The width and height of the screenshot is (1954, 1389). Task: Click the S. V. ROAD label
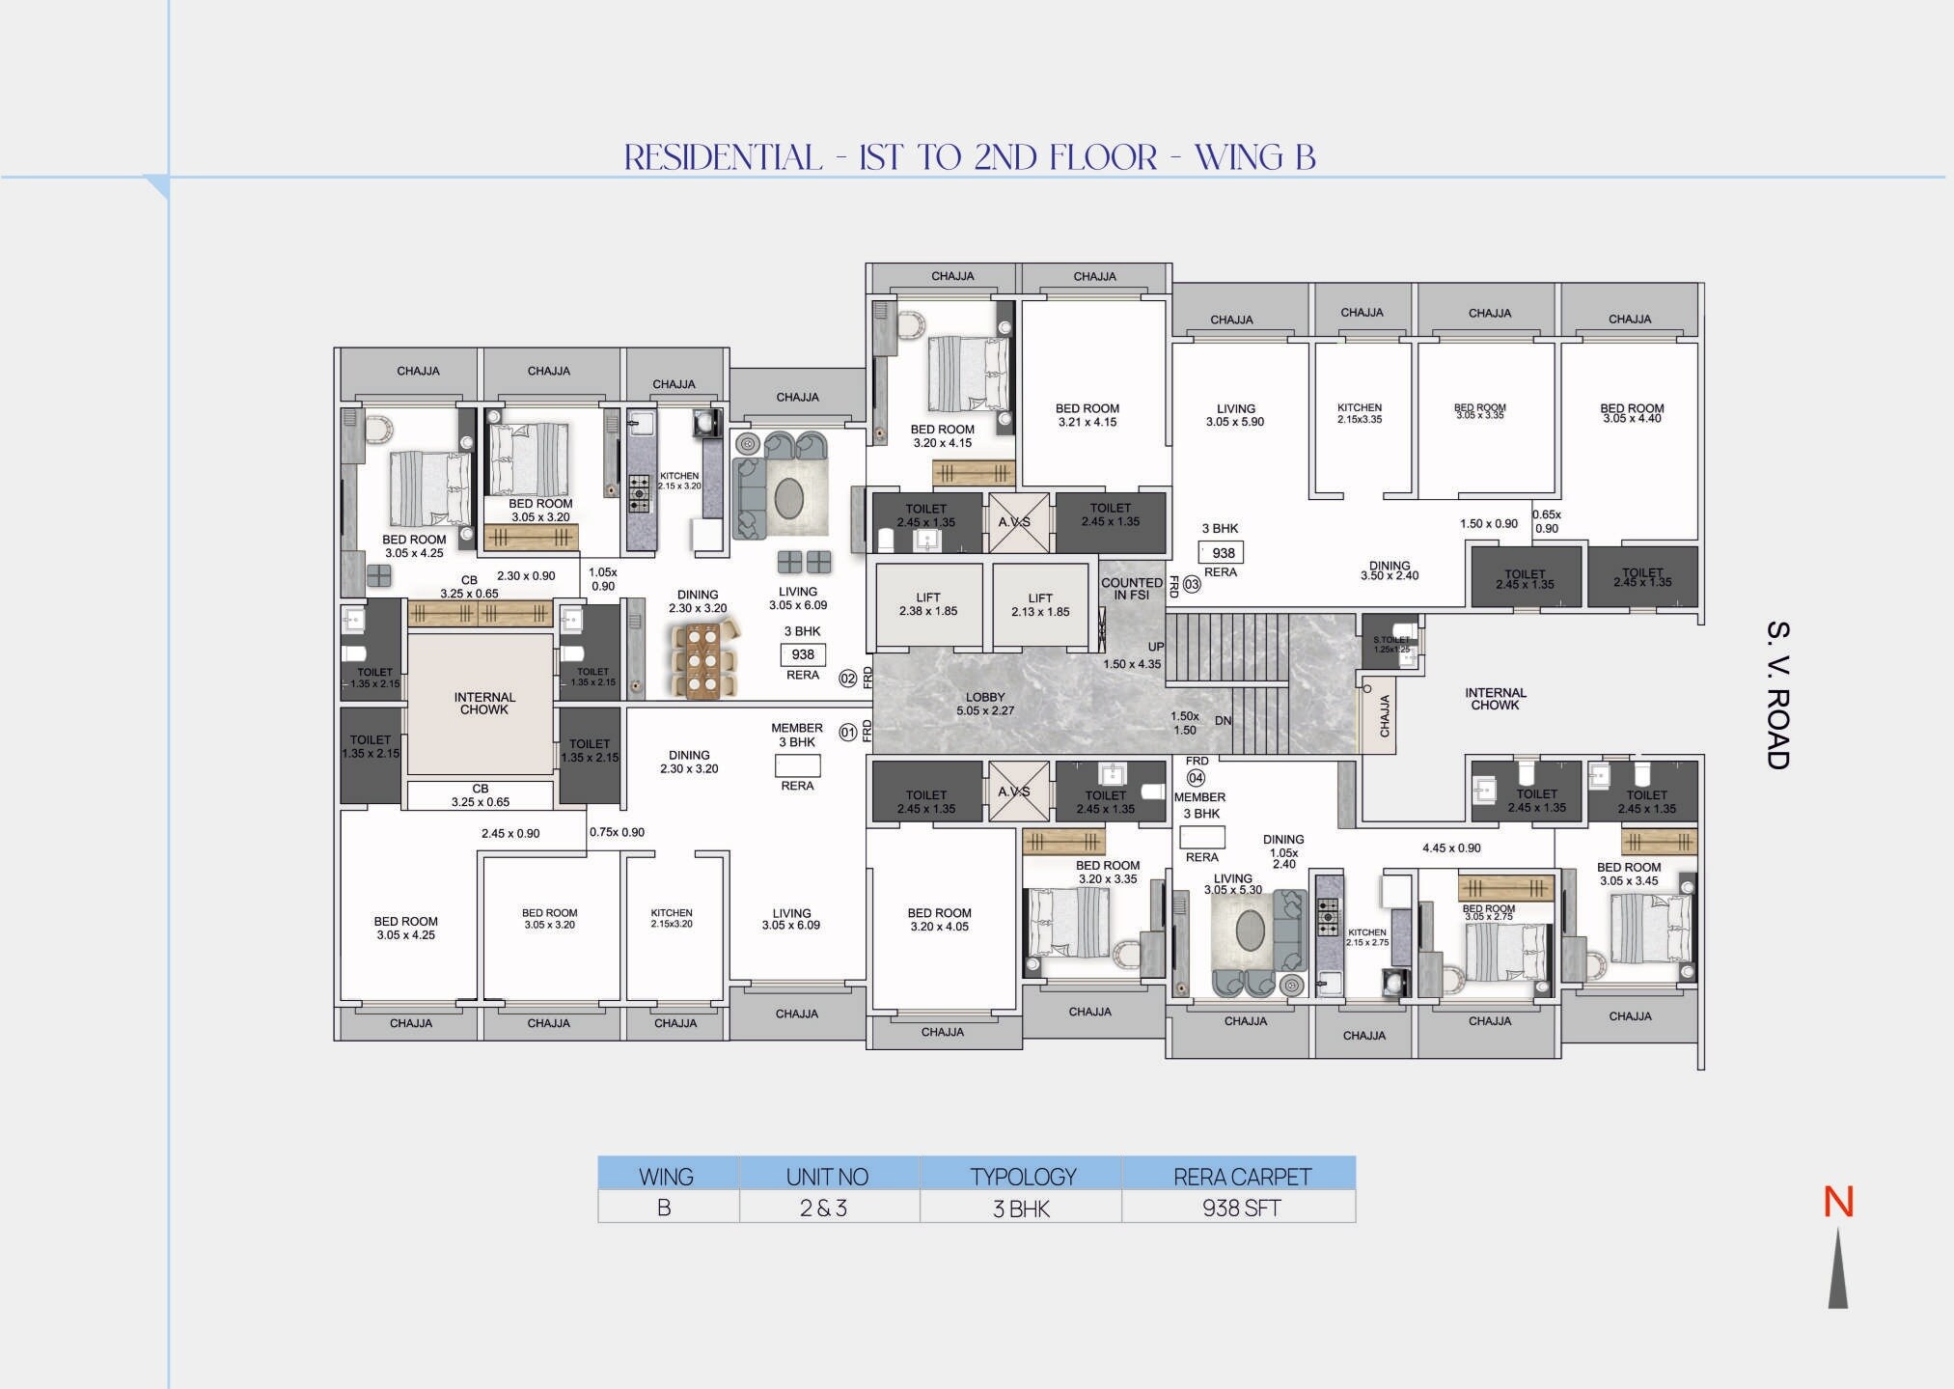[x=1777, y=695]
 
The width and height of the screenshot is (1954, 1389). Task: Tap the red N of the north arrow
[x=1838, y=1203]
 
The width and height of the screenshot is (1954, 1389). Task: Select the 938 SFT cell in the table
[x=1240, y=1208]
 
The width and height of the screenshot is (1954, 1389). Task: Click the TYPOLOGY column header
[x=1022, y=1177]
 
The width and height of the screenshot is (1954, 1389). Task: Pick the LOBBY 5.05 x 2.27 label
[x=984, y=704]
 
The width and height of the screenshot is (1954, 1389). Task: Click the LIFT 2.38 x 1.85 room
[x=928, y=605]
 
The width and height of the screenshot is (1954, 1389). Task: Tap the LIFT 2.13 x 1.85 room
[x=1040, y=605]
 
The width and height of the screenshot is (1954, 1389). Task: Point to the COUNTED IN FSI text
[x=1131, y=589]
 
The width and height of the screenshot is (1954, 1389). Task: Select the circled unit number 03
[x=1192, y=584]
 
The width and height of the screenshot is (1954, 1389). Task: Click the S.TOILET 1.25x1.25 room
[x=1390, y=644]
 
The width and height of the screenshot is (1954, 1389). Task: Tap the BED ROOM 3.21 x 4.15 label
[x=1087, y=415]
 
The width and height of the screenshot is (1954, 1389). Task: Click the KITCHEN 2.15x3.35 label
[x=1360, y=413]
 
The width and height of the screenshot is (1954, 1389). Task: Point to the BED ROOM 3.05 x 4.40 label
[x=1632, y=413]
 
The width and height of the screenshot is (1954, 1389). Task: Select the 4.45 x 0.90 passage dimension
[x=1451, y=848]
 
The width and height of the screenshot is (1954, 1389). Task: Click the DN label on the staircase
[x=1224, y=721]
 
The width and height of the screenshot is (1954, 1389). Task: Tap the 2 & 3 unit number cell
[x=823, y=1208]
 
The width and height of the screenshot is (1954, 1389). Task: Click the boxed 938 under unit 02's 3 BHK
[x=803, y=654]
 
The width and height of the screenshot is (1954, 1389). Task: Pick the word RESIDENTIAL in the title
[x=723, y=157]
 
